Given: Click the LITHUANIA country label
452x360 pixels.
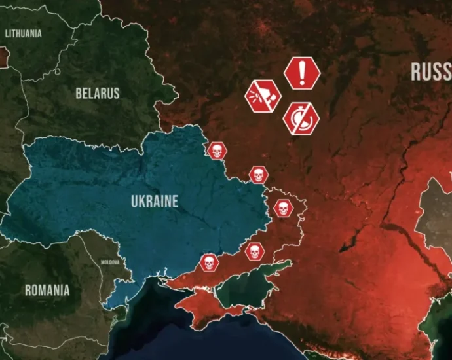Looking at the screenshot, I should (x=24, y=33).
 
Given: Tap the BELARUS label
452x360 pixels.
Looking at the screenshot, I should (x=98, y=93).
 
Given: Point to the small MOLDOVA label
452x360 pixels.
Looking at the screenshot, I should (x=110, y=262).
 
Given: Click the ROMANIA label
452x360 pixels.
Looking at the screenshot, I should (x=47, y=290).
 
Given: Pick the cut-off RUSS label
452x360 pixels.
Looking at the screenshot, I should (x=431, y=72).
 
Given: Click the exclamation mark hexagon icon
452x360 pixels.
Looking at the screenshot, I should (x=302, y=73).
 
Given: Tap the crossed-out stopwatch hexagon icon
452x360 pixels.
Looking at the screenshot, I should (x=301, y=119).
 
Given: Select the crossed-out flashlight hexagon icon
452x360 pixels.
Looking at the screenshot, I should (x=263, y=97).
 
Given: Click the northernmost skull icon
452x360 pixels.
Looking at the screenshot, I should (x=216, y=151).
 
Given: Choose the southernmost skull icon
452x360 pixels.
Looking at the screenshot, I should (x=208, y=263).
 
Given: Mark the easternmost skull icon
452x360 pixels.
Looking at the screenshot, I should (x=283, y=209).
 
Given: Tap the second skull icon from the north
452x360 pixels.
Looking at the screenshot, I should (x=258, y=175).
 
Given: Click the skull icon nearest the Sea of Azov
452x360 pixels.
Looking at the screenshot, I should (x=254, y=251).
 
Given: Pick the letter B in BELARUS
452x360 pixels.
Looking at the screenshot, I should (x=79, y=93).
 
